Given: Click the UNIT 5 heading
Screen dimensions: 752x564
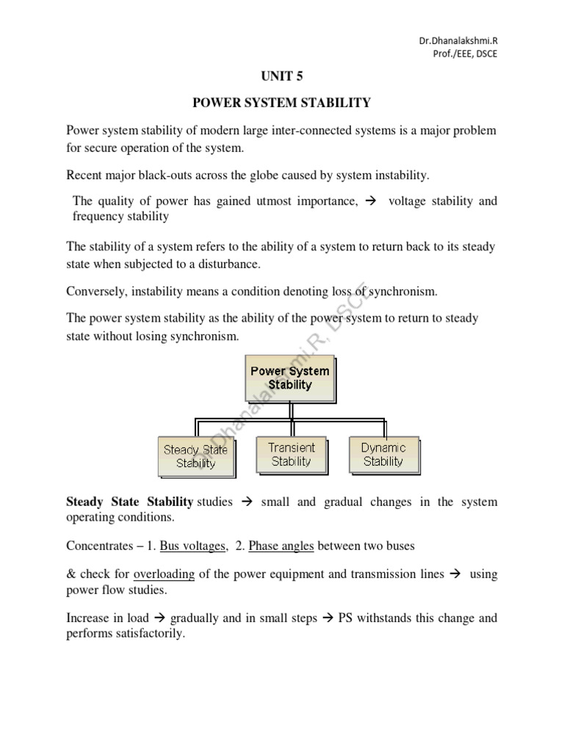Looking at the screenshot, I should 281,75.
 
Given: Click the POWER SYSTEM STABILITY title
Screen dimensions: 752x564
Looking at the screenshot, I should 281,103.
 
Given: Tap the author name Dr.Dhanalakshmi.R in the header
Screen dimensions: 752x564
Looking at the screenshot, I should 457,43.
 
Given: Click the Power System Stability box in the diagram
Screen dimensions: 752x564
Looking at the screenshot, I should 289,377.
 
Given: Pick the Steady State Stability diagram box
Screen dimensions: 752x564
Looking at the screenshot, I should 195,456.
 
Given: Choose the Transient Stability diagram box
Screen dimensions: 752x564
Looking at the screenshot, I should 291,455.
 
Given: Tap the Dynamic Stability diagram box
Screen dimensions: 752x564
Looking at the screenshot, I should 383,455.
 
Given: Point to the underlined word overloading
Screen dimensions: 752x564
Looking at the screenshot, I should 164,574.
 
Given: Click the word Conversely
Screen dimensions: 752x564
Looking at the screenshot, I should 96,292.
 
